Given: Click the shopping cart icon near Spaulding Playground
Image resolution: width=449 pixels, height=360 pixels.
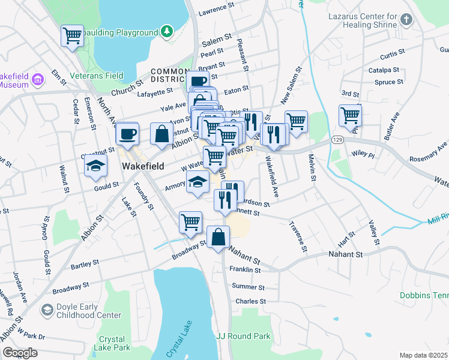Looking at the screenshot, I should tap(72, 35).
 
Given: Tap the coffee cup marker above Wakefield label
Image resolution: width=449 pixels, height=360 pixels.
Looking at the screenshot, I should tap(127, 134).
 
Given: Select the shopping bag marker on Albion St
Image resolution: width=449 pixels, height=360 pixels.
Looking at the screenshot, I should tap(161, 134).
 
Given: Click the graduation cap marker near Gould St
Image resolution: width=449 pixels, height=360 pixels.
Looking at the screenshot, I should tap(95, 166).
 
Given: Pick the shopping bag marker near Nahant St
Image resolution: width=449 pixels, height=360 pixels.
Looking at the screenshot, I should tap(218, 237).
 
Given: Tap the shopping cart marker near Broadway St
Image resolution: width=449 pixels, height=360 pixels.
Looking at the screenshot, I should tap(190, 221).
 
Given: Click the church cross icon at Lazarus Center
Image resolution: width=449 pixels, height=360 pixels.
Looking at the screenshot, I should tap(406, 19).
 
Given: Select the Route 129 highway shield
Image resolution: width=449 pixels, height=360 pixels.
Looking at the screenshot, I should tap(337, 139).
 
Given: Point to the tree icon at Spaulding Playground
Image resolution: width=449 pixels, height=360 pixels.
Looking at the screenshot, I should tap(166, 31).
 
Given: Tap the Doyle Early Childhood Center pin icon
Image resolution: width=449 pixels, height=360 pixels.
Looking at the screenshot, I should tap(47, 310).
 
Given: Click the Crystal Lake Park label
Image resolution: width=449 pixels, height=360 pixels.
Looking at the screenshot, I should tap(112, 343).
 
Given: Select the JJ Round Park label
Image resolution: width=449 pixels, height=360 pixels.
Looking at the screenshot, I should tap(243, 337).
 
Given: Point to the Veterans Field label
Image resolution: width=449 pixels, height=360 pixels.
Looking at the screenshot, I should tap(97, 76).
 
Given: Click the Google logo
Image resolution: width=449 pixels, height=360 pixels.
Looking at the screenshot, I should tap(20, 353).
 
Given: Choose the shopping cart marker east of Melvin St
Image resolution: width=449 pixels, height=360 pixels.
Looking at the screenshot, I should tap(349, 115).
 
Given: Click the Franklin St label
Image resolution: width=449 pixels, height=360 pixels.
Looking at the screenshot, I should tap(246, 270).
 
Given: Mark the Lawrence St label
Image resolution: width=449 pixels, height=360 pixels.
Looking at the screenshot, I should tap(216, 10).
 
